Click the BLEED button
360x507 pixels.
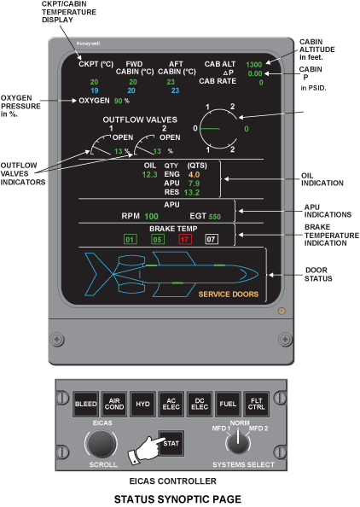85,404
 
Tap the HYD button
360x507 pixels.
142,404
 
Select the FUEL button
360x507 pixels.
228,404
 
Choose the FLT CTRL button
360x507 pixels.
256,404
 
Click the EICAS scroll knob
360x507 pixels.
101,444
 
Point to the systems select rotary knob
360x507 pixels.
238,442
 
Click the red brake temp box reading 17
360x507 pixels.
185,239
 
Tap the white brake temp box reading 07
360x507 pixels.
212,239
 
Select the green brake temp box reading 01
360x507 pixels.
130,239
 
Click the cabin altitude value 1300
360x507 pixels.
253,64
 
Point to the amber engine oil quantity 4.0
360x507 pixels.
194,175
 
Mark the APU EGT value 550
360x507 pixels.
215,216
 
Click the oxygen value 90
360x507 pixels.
118,101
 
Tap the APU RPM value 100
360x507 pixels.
151,216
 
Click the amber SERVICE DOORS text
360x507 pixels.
228,294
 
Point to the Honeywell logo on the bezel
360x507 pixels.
88,44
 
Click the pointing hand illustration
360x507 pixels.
146,450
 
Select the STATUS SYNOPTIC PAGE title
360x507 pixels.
177,499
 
